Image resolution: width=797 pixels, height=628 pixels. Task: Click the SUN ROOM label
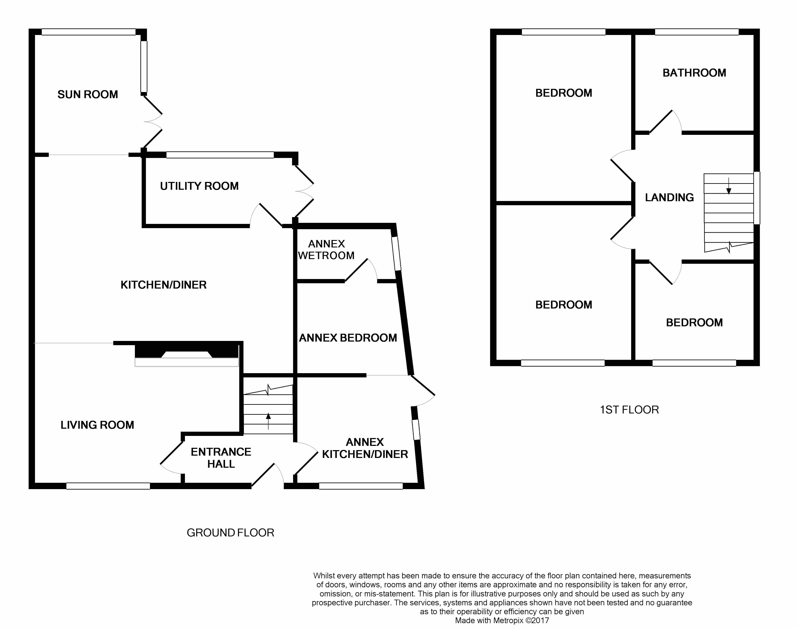[x=88, y=95]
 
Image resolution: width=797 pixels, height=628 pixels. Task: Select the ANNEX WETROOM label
[x=326, y=250]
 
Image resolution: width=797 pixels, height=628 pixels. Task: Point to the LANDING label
[x=669, y=197]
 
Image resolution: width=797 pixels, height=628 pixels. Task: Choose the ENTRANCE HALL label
[x=221, y=458]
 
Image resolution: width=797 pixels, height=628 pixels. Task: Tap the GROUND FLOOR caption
[x=230, y=533]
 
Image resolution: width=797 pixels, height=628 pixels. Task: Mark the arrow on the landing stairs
[x=728, y=186]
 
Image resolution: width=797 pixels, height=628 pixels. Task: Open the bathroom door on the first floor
[x=666, y=122]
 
